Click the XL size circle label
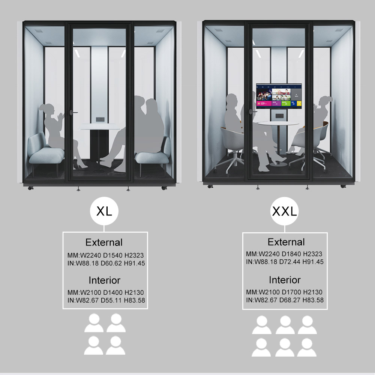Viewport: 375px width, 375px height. (104, 211)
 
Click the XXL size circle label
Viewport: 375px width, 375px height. (285, 211)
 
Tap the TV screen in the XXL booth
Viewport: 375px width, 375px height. (279, 96)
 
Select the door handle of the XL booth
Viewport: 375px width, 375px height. (73, 112)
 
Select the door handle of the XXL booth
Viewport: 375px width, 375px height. (252, 111)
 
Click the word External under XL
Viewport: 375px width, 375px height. (104, 242)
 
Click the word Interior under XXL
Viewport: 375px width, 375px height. (285, 280)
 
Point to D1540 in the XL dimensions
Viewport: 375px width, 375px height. (112, 255)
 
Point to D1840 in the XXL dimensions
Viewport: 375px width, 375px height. (291, 254)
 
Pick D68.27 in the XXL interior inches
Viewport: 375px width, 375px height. (289, 300)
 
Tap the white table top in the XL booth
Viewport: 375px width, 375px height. (100, 127)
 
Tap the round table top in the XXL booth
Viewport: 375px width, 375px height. (279, 123)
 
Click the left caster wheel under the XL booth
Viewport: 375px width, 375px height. (30, 188)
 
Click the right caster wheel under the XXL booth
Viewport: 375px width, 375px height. (343, 186)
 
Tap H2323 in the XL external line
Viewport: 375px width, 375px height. (134, 255)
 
